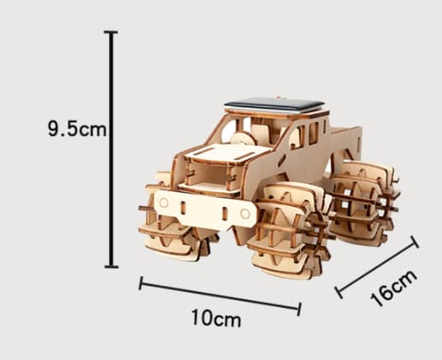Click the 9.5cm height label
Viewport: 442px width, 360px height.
[77, 128]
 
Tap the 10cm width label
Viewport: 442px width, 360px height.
[216, 318]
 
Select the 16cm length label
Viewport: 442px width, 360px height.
[394, 288]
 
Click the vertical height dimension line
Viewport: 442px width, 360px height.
[111, 150]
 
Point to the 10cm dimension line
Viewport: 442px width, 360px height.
[220, 295]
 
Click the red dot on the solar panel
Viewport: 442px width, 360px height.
[280, 97]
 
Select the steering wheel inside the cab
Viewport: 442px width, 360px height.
[243, 139]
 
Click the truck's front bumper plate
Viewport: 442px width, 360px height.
[204, 210]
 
